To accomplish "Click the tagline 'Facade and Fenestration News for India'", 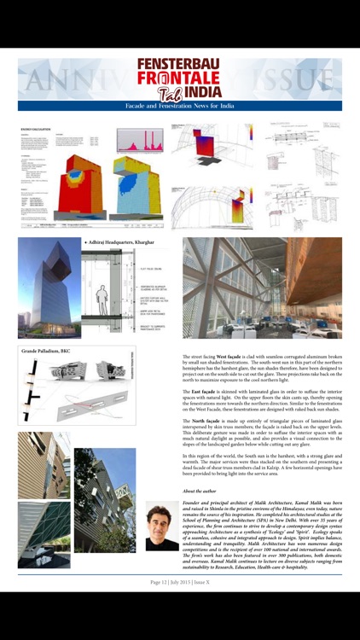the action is tap(179, 106).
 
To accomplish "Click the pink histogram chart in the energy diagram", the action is tap(138, 141).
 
